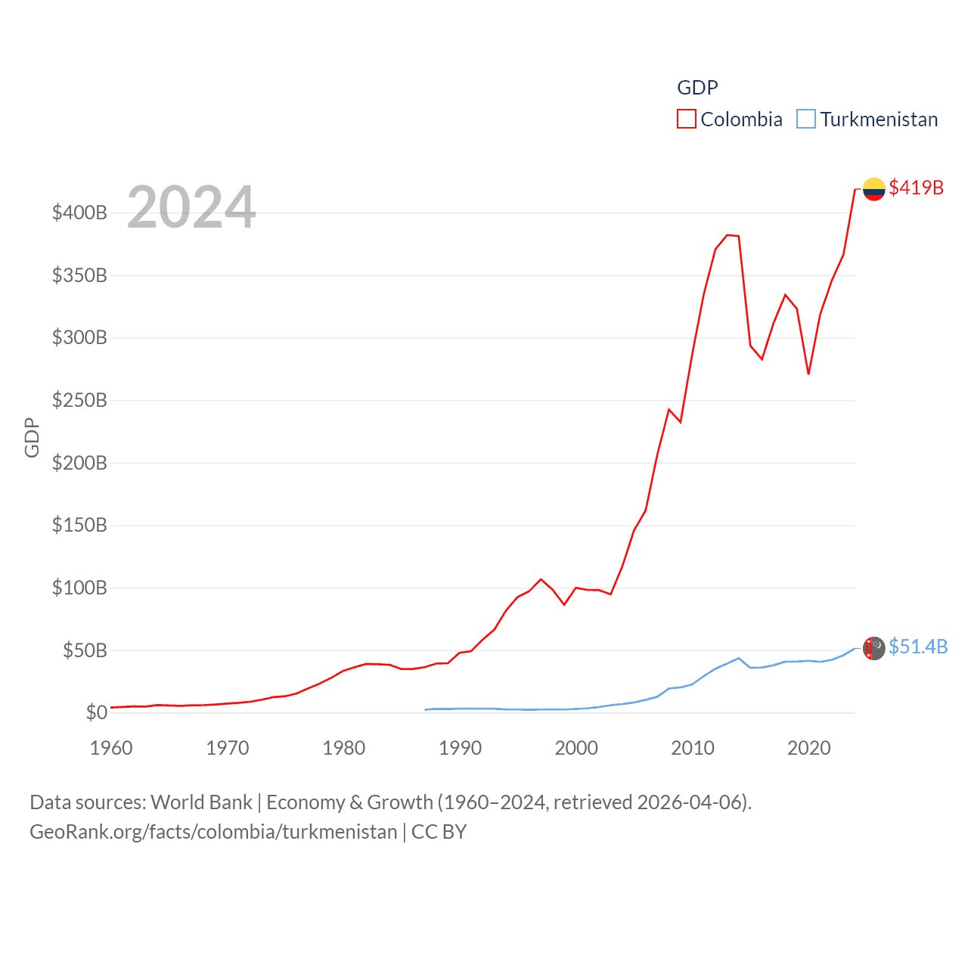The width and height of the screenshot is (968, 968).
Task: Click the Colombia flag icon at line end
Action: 873,189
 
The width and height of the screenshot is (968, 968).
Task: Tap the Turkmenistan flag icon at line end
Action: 873,648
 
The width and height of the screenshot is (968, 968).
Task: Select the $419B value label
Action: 916,188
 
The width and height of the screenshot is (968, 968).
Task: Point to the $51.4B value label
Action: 917,647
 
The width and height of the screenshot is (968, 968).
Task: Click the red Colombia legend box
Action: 686,119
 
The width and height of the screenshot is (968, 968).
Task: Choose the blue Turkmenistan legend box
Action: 806,119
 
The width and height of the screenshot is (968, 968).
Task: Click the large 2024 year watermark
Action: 191,207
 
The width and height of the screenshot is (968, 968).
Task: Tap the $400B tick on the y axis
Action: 79,213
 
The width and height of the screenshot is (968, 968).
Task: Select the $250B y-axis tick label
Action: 79,400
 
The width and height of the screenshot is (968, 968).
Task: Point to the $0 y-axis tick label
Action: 96,712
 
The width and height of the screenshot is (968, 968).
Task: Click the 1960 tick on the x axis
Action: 111,748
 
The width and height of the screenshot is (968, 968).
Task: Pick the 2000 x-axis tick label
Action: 576,748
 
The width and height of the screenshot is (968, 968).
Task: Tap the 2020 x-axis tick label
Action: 809,748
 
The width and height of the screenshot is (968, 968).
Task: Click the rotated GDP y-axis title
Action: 32,437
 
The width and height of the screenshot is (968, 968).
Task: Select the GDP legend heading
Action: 697,88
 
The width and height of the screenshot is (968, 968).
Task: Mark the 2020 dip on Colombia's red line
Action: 808,374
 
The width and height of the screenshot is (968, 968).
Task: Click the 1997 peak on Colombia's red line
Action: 541,579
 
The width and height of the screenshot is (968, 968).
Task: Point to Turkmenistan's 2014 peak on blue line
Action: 739,658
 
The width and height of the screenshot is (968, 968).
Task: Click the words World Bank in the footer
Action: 202,802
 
